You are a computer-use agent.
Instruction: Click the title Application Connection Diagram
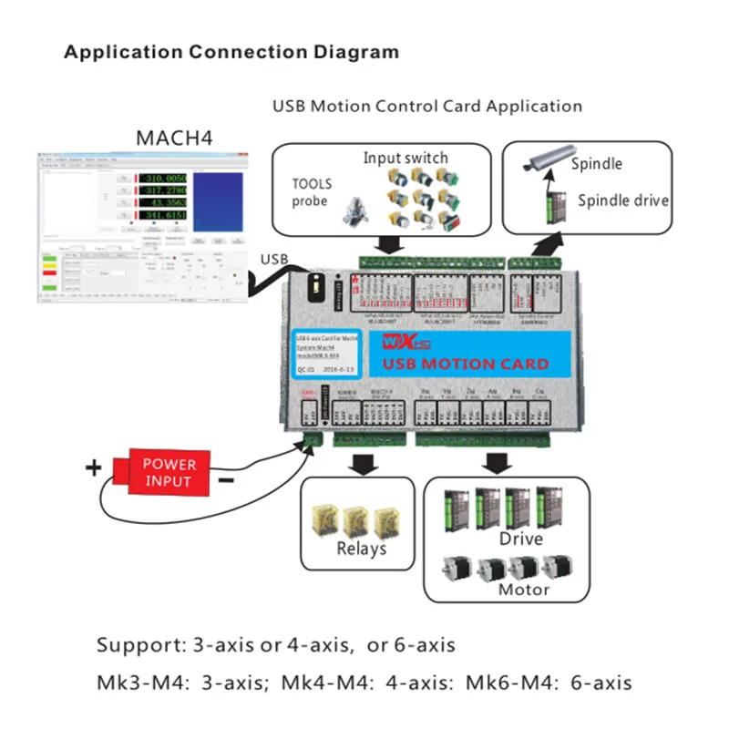click(x=231, y=52)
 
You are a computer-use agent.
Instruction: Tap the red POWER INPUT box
click(x=169, y=473)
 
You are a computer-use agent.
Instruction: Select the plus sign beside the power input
click(x=93, y=468)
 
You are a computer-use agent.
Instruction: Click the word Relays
click(x=362, y=548)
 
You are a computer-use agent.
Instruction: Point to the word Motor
click(x=523, y=589)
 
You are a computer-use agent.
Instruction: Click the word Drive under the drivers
click(x=520, y=539)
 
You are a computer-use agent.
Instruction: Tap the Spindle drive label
click(x=623, y=200)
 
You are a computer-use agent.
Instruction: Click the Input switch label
click(x=406, y=158)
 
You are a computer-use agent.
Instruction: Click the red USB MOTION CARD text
click(x=466, y=364)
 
